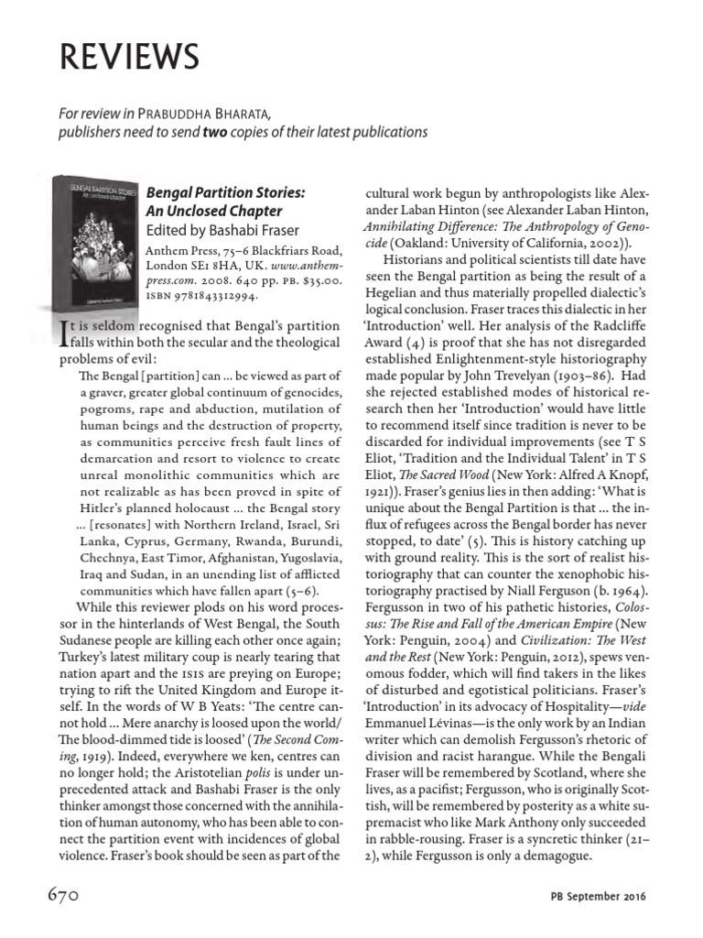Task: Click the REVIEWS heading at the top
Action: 129,57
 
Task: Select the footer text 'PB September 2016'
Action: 598,896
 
